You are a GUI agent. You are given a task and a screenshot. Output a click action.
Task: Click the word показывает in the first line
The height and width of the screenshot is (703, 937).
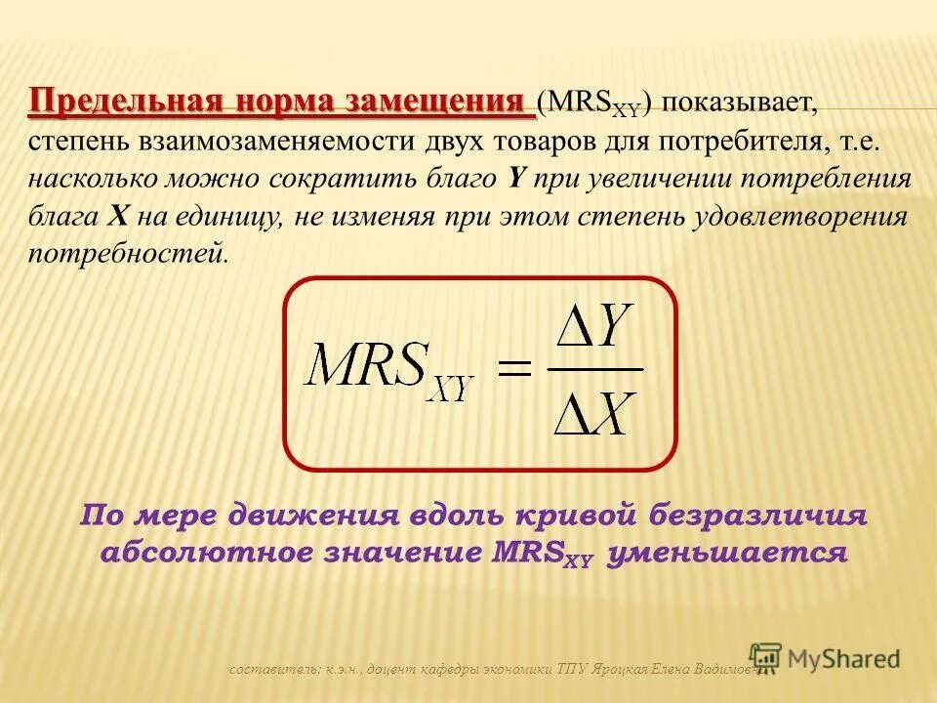(741, 103)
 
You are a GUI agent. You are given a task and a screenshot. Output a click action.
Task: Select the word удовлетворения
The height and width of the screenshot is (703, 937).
(799, 218)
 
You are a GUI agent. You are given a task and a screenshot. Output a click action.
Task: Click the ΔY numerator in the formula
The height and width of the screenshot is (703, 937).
(594, 333)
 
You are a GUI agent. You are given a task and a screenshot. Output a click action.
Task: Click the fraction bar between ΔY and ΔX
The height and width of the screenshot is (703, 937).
(594, 369)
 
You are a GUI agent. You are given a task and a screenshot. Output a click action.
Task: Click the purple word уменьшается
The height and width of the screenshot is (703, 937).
(726, 553)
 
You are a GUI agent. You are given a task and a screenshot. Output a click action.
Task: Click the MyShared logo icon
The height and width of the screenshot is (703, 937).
(766, 658)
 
